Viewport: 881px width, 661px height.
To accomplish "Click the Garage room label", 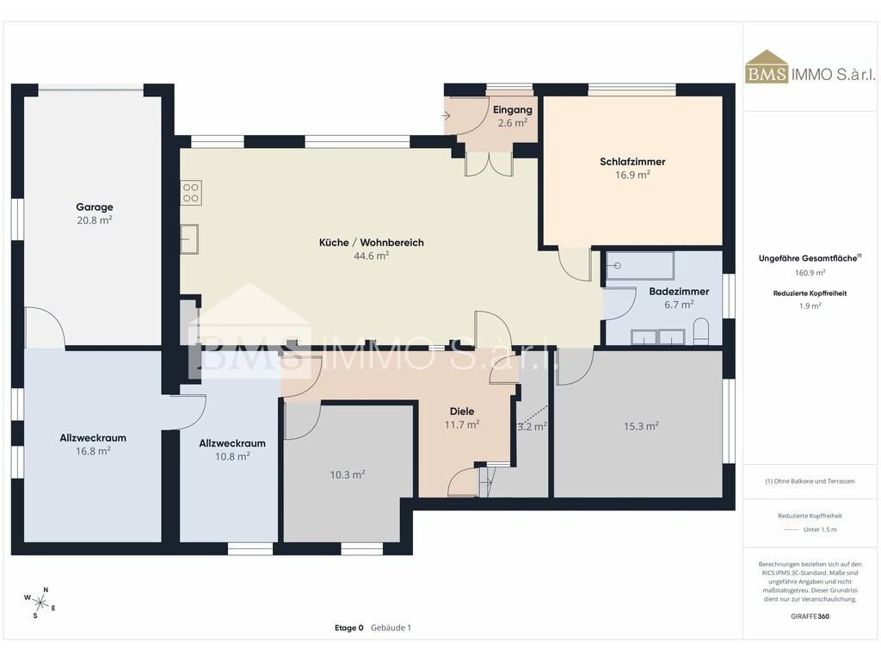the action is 95,207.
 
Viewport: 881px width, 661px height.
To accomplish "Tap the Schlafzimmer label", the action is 632,162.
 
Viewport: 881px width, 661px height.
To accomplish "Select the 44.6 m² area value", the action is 372,256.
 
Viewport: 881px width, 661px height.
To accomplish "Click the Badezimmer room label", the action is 679,291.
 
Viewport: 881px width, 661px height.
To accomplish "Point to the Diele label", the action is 462,411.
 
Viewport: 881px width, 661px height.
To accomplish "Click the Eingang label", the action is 513,110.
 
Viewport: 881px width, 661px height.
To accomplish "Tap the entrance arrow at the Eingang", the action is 446,116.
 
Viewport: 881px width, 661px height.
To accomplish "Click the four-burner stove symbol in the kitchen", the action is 191,193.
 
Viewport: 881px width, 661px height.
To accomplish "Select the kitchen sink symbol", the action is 189,239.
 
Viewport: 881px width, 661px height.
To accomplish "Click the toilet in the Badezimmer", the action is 700,331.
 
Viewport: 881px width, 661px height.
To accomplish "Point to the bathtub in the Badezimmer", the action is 639,266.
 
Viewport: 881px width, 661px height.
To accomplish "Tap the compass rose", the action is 40,603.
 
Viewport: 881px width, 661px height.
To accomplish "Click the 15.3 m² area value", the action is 641,427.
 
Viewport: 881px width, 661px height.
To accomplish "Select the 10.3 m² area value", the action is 348,475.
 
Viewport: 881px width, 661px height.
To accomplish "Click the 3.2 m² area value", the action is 532,427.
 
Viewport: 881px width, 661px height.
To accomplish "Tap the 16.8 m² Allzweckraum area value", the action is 93,451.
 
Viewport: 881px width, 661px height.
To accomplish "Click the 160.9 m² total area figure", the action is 810,273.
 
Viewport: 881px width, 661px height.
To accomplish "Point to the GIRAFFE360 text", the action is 810,616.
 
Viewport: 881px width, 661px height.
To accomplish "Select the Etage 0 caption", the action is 349,627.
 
